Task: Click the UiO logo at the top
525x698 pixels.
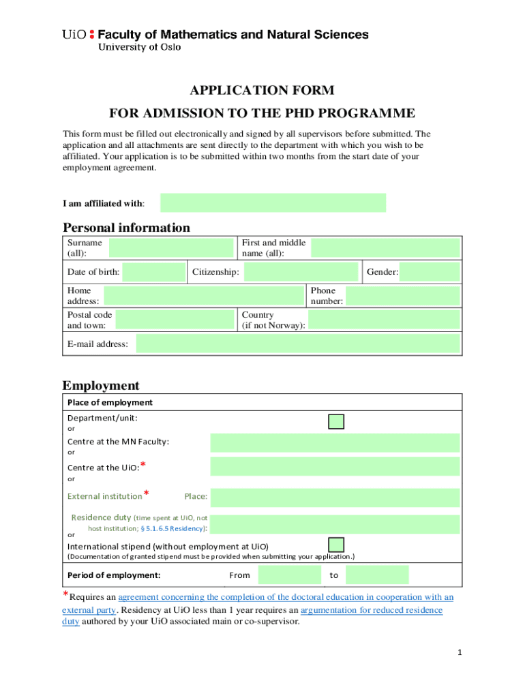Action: [77, 35]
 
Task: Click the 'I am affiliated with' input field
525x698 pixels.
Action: [273, 203]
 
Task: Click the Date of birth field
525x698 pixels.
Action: [153, 273]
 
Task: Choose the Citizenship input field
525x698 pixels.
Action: [301, 273]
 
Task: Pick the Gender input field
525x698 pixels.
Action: [430, 273]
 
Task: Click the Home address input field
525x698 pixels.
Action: [203, 296]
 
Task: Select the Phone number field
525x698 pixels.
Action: [403, 296]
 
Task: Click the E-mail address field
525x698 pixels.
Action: [298, 344]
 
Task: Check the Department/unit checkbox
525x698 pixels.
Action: [336, 421]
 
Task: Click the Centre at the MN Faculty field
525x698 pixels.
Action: [335, 442]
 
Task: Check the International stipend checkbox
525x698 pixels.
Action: [336, 545]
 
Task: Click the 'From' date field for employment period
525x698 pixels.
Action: [290, 575]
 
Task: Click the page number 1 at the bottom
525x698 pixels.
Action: [460, 653]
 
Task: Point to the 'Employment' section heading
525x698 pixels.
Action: [101, 386]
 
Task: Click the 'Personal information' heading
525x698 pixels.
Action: [126, 228]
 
